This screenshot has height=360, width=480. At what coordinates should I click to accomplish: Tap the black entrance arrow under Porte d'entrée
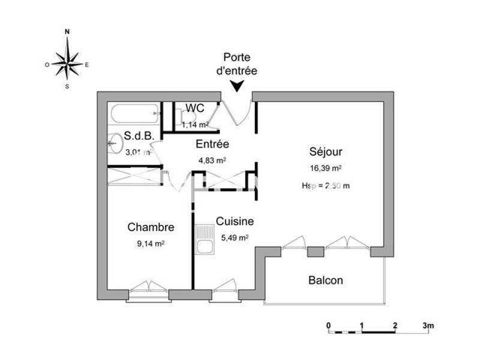(238, 86)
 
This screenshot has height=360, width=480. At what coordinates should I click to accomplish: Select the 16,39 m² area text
(326, 169)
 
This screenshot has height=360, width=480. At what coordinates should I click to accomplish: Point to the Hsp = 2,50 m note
(326, 186)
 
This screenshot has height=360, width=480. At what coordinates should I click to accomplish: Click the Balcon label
(326, 280)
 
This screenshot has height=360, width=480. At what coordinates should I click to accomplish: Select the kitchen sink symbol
(204, 239)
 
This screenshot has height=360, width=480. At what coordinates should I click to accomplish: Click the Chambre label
(151, 227)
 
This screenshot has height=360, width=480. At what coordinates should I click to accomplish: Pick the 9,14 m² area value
(151, 244)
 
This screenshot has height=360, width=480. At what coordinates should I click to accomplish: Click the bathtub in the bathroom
(135, 112)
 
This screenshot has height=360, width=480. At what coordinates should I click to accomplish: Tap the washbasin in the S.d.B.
(115, 143)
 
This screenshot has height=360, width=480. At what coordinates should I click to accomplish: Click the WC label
(195, 108)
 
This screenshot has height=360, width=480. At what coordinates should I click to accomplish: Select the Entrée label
(212, 144)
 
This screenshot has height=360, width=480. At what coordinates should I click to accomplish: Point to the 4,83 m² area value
(212, 160)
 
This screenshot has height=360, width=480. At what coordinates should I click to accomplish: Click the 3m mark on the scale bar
(427, 325)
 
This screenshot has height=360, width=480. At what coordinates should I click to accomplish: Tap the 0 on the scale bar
(329, 325)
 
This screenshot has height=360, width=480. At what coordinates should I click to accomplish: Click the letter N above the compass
(67, 31)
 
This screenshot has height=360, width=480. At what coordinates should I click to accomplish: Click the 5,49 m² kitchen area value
(235, 238)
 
